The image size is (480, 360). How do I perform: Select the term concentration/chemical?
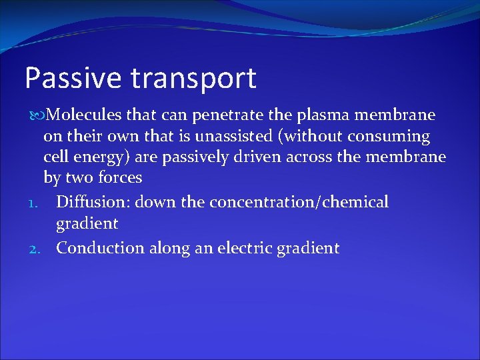click(x=299, y=202)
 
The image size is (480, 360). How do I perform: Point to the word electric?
click(x=247, y=249)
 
